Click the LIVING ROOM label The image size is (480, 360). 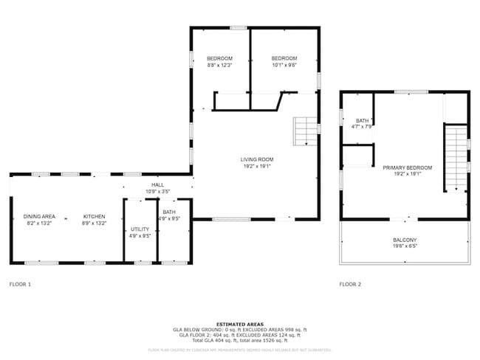(256, 159)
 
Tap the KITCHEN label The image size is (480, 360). (94, 216)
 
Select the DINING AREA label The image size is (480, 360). (38, 216)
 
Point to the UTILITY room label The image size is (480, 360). (140, 229)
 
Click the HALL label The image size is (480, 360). (157, 184)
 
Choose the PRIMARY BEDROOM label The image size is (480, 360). (407, 168)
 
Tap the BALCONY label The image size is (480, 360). (405, 240)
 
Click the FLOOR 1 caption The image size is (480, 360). (20, 284)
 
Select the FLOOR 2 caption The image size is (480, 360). (350, 284)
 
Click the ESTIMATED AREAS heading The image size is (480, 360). (239, 324)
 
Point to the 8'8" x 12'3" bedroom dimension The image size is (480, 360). (219, 65)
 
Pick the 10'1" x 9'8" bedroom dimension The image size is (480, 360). (284, 65)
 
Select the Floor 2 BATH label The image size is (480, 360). (363, 121)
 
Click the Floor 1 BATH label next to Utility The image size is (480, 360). (169, 212)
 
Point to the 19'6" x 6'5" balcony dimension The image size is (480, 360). (405, 246)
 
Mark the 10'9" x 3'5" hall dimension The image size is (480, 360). (157, 191)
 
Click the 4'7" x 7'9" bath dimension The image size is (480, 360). (363, 127)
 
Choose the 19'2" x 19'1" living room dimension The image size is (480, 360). (256, 166)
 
